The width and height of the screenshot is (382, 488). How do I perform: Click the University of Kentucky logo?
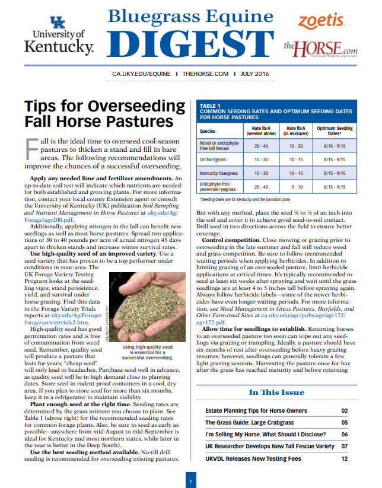(x=59, y=36)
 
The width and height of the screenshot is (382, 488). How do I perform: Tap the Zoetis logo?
(x=321, y=21)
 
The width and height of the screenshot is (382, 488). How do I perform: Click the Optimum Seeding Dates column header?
(x=334, y=130)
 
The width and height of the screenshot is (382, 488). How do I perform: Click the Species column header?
(x=208, y=131)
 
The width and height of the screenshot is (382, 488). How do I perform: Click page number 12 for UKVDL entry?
(x=345, y=458)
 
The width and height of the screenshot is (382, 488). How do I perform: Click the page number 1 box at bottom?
(x=191, y=479)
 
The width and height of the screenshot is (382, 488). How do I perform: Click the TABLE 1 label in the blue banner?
(x=211, y=105)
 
